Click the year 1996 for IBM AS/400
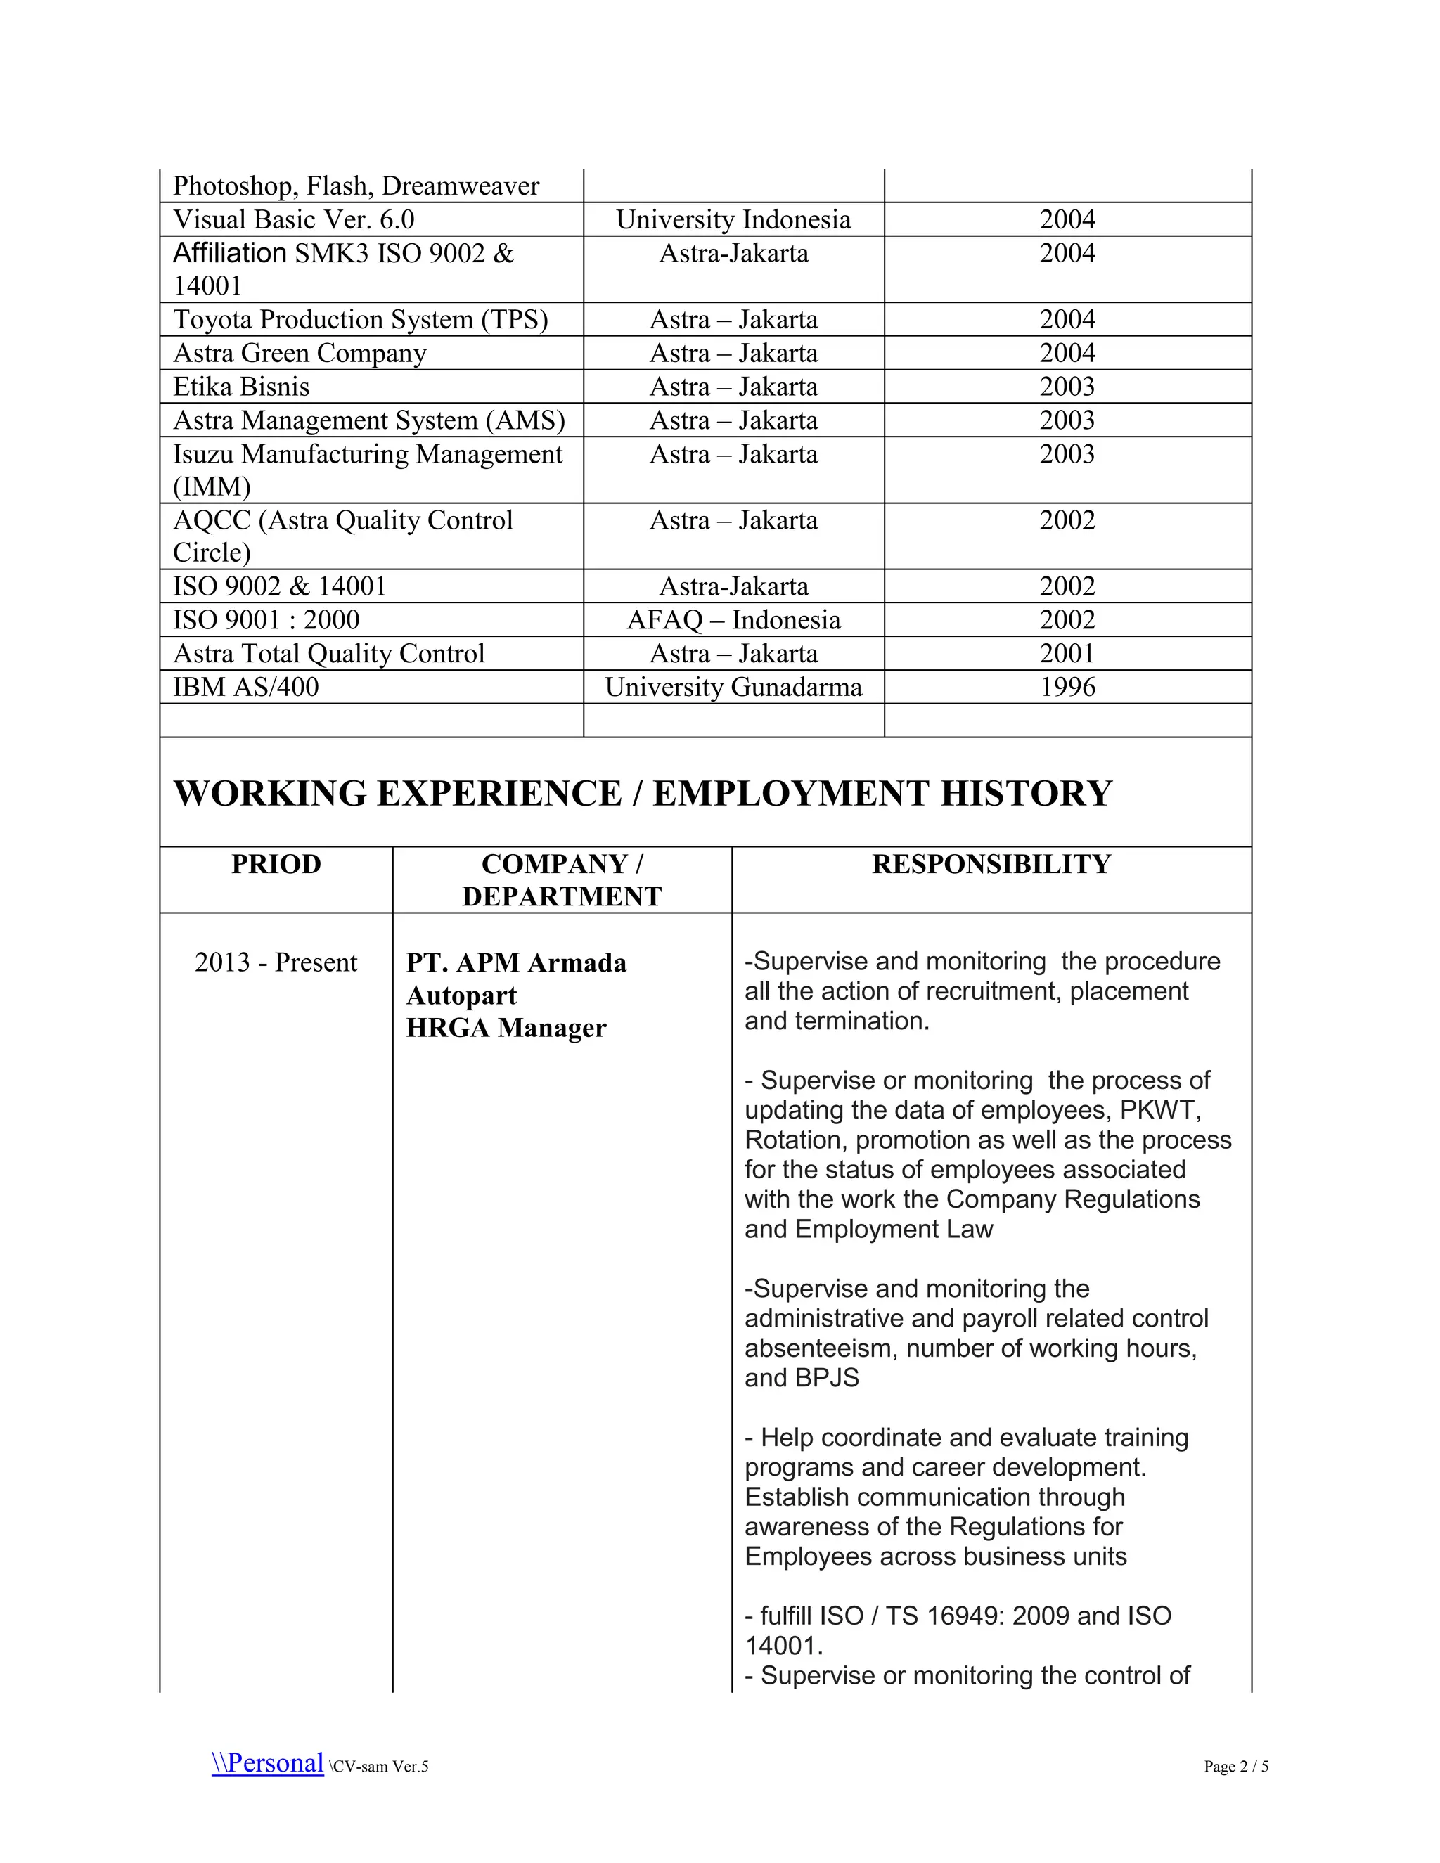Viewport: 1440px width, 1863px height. [1067, 687]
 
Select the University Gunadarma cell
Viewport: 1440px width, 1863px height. [733, 687]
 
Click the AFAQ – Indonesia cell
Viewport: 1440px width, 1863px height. [733, 620]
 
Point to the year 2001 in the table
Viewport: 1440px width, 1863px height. [1067, 653]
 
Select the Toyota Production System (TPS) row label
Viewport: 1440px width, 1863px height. [360, 320]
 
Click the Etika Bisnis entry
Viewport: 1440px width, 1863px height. [240, 387]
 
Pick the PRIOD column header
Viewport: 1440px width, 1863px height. [276, 864]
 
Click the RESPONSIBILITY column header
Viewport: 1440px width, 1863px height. [991, 864]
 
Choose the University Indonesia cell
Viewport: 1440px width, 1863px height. [733, 220]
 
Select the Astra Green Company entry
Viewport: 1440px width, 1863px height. [300, 353]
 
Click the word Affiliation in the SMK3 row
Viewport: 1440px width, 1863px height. [229, 253]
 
